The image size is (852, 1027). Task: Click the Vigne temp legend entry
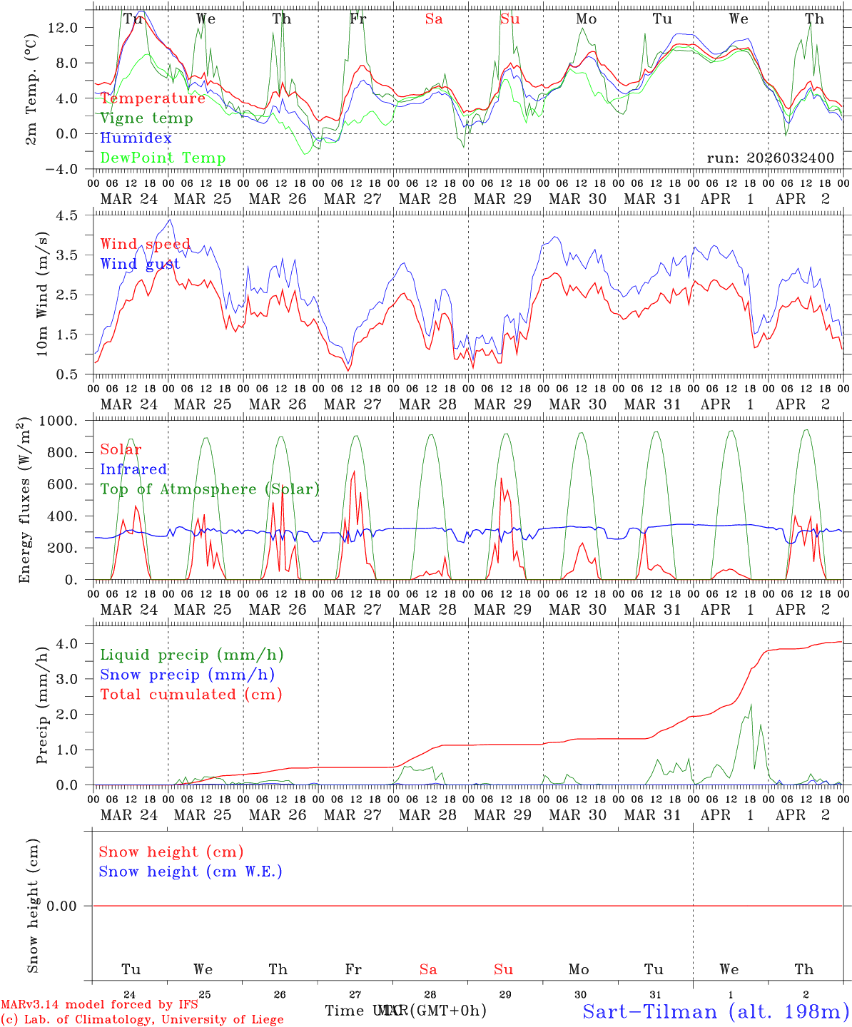[x=146, y=118]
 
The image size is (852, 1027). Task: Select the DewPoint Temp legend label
[x=163, y=158]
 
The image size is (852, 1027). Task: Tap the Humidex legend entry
[x=136, y=138]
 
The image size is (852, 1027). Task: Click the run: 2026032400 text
[x=770, y=158]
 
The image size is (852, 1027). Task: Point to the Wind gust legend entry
[x=140, y=265]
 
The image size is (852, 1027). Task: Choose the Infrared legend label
[x=133, y=469]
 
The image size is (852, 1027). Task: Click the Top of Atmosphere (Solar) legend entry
[x=210, y=489]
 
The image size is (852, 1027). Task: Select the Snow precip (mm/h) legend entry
[x=187, y=675]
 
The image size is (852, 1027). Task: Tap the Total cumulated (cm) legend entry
[x=191, y=695]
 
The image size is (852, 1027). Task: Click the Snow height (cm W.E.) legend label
[x=191, y=872]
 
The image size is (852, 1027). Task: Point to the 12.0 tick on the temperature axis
[x=71, y=27]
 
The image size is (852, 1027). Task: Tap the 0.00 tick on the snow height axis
[x=66, y=906]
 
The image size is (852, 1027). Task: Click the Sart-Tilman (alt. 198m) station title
[x=715, y=1011]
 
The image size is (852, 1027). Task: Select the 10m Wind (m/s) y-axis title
[x=42, y=293]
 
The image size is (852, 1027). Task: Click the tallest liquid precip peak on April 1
[x=751, y=705]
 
